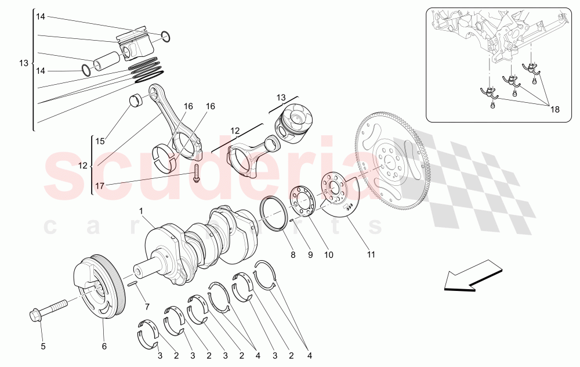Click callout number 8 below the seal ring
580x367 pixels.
point(293,254)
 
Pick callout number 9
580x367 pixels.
point(310,254)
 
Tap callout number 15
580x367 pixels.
point(100,141)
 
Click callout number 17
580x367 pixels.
point(100,186)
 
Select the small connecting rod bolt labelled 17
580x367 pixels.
point(197,174)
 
